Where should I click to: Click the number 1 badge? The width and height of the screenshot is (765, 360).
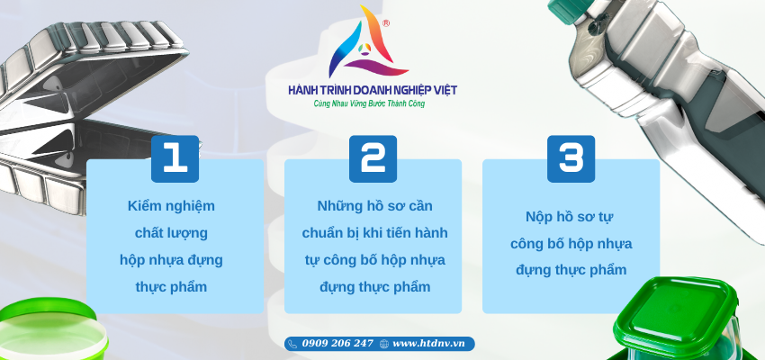tap(175, 159)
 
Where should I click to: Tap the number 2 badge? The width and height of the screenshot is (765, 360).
tap(373, 159)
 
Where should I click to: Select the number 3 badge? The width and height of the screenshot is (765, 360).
tap(571, 159)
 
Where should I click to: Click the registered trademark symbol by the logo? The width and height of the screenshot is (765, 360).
tap(386, 22)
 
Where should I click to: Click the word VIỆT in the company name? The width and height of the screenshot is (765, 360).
tap(444, 90)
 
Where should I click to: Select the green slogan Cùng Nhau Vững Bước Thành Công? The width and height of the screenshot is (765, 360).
tap(369, 103)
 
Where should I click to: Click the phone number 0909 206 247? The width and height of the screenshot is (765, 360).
tap(337, 344)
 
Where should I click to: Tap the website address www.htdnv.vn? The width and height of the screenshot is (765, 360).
tap(428, 344)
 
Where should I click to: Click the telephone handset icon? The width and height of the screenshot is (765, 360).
tap(292, 344)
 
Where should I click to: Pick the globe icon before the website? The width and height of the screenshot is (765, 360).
tap(384, 344)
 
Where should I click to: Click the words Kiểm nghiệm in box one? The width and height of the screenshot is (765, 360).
tap(171, 206)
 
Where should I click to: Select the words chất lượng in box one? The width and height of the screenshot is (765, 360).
tap(171, 233)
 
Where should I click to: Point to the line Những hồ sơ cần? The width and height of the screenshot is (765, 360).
tap(374, 206)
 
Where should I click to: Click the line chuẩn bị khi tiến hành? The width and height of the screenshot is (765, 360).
tap(374, 233)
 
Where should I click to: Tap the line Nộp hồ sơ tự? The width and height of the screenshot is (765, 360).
tap(570, 217)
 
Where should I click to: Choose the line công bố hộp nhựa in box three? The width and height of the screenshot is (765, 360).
tap(571, 243)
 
